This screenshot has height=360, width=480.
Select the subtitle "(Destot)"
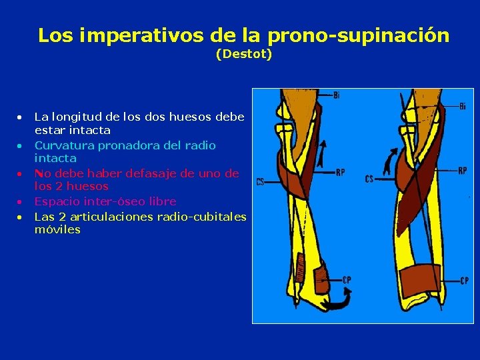(244, 55)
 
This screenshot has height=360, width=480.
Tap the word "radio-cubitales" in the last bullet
(202, 216)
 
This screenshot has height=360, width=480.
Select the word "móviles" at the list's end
(57, 229)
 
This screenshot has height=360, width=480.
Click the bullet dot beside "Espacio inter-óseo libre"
(21, 201)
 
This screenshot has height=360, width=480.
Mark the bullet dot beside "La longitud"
(21, 117)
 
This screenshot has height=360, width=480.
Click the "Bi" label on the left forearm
(336, 95)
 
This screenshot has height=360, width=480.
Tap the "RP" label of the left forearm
(340, 173)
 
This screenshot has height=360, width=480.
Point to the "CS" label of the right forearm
(369, 179)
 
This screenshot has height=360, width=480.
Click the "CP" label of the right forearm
(463, 281)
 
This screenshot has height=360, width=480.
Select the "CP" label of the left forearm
(347, 281)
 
